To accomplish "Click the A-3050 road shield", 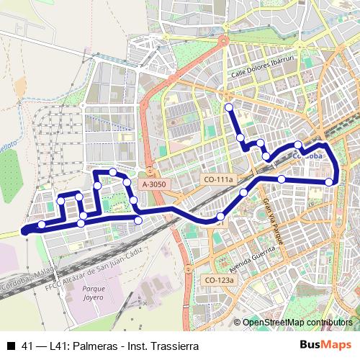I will [x=155, y=184].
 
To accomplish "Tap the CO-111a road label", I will [x=220, y=179].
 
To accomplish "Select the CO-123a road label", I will [x=220, y=280].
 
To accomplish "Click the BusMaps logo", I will [x=330, y=345].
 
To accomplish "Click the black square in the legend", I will [x=11, y=346].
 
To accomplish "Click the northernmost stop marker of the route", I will [x=229, y=108].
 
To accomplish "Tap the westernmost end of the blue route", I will [x=24, y=230].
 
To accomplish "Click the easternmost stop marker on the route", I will [x=330, y=181].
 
